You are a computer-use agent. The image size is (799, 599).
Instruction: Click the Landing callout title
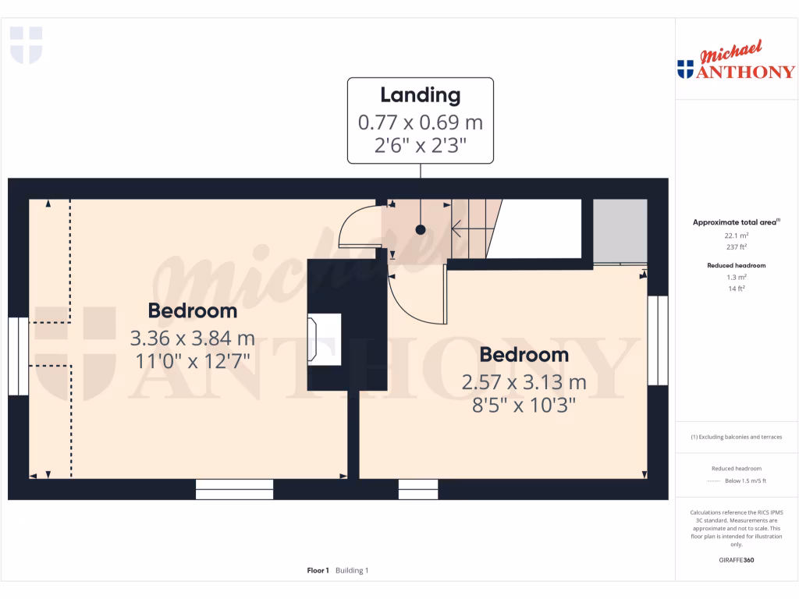coord(420,95)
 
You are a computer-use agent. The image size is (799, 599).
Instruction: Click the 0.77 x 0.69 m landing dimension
coord(420,122)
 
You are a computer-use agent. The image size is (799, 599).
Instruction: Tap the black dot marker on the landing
coord(421,230)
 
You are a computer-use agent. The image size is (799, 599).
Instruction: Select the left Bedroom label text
coord(193,310)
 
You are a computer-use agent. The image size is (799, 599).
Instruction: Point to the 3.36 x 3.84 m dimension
coord(193,339)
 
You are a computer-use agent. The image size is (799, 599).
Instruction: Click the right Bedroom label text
coord(524,355)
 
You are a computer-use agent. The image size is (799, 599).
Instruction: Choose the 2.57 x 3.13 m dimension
coord(524,383)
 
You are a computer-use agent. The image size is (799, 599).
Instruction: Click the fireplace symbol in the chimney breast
coord(325,338)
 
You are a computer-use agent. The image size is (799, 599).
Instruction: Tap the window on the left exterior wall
coord(18,356)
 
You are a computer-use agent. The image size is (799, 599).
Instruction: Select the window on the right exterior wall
coord(658,340)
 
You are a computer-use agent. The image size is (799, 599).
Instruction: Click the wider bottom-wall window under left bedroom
coord(234,489)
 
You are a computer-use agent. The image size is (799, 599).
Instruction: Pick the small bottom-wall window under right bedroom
coord(418,489)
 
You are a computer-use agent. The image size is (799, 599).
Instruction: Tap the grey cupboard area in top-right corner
coord(620,231)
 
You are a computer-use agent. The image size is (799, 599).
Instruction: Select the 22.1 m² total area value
coord(737,235)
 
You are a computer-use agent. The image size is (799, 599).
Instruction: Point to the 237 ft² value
coord(737,246)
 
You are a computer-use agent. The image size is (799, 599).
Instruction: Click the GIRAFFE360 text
coord(737,560)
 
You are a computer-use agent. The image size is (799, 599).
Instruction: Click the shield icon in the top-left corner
coord(26,44)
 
